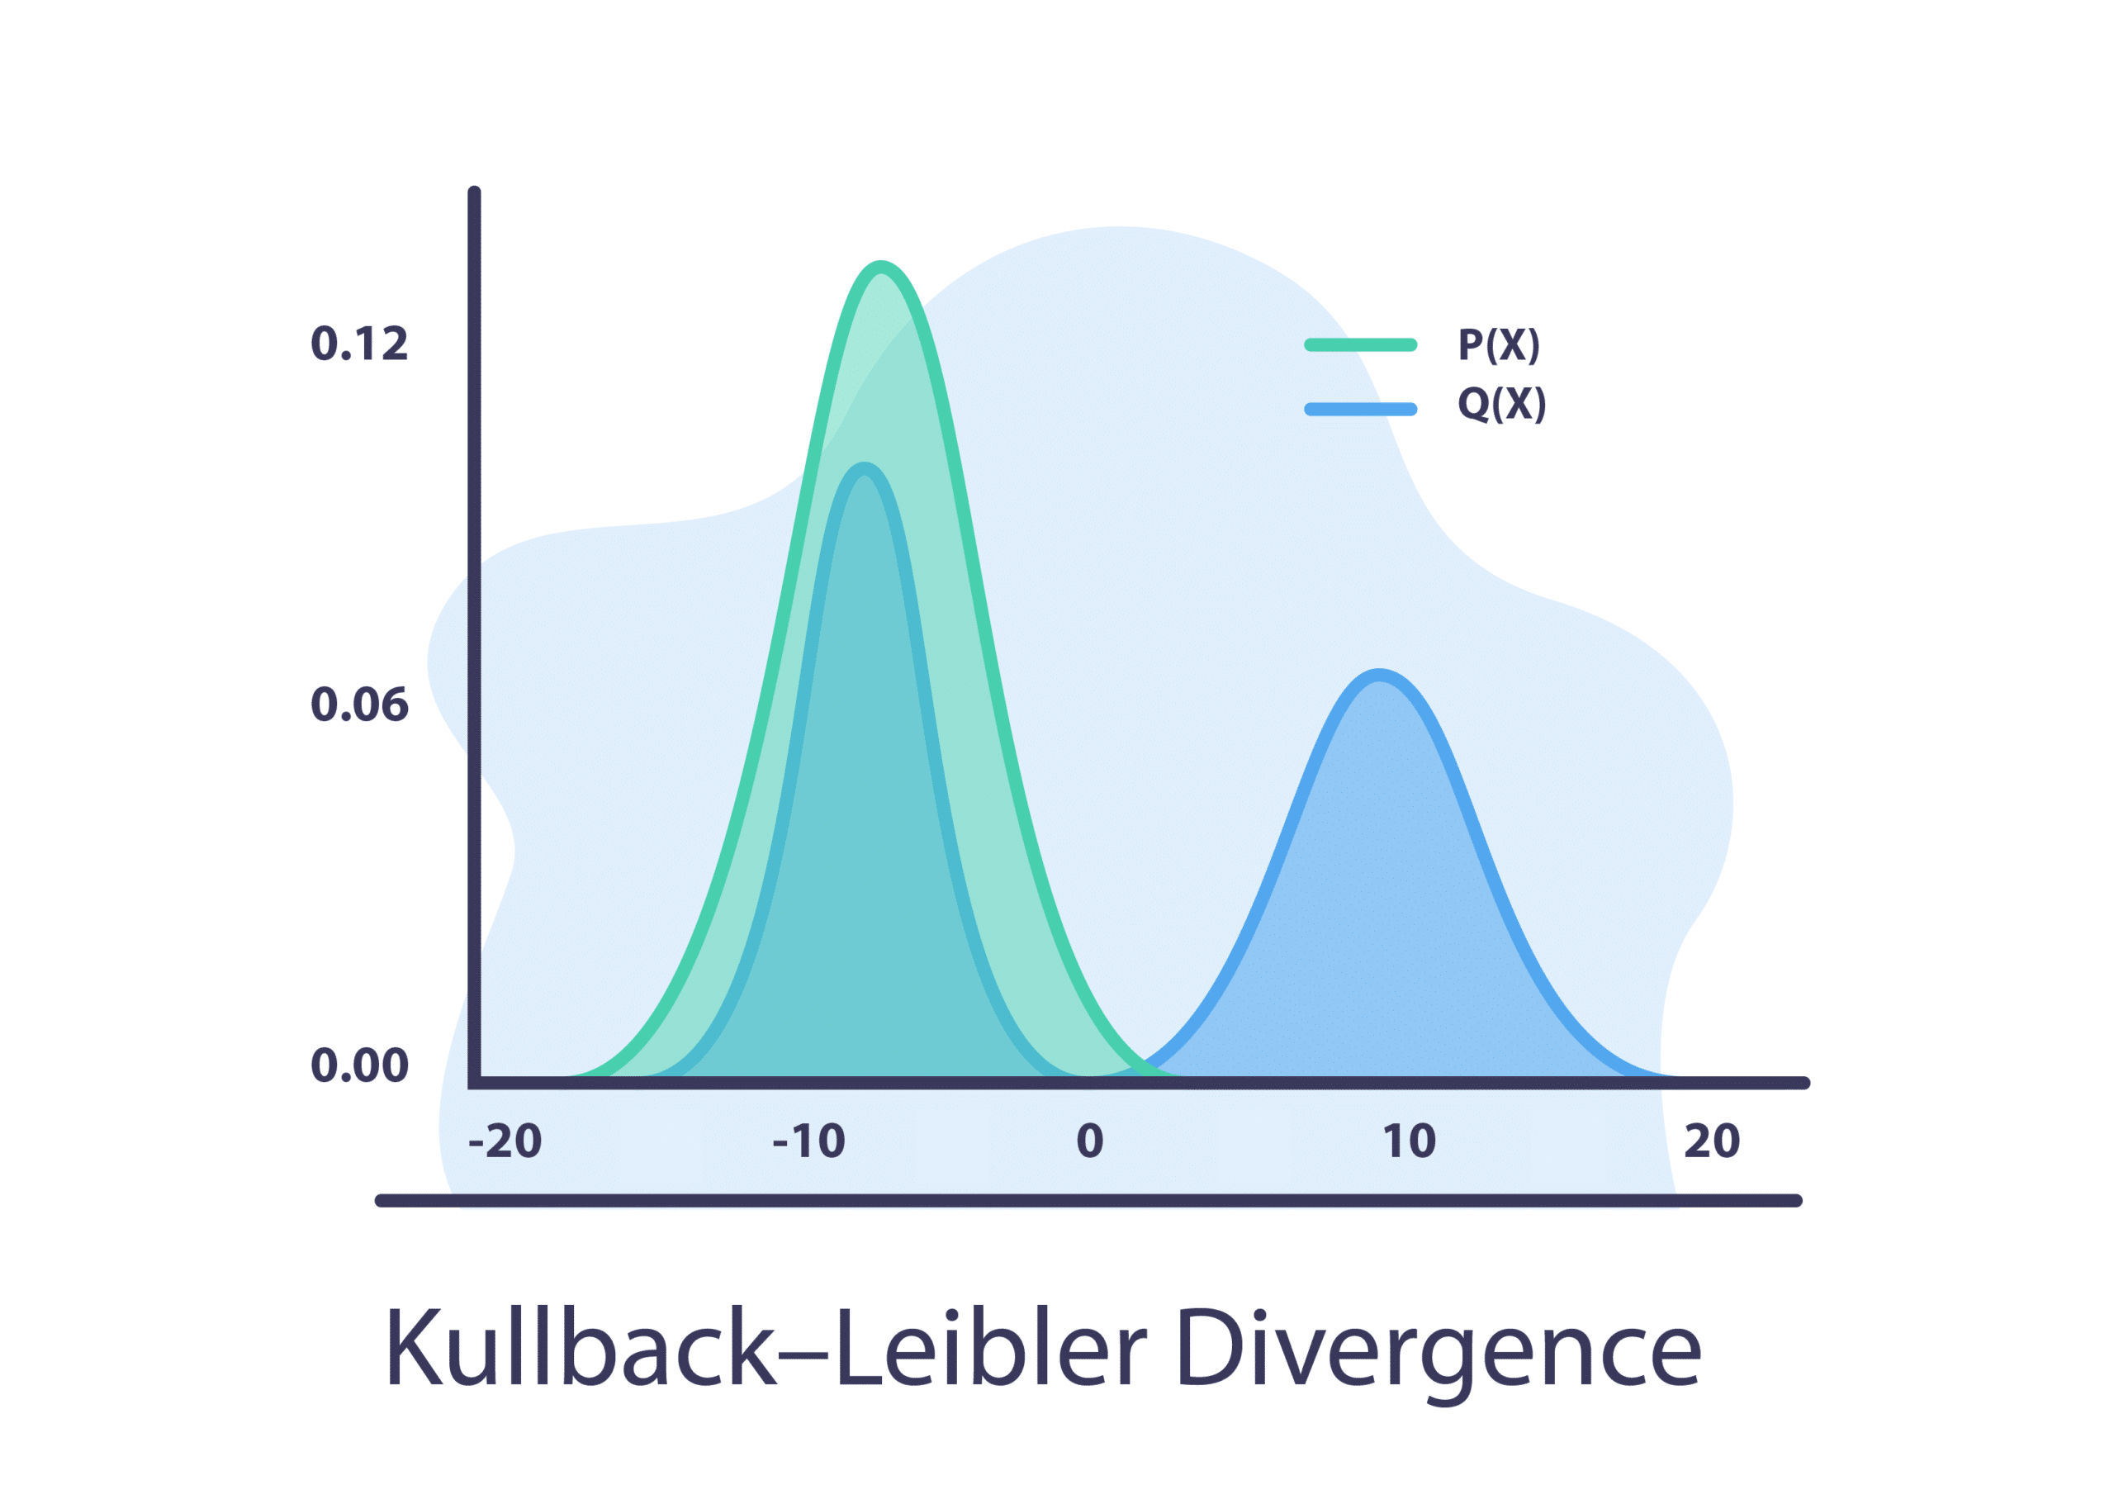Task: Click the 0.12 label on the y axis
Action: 359,344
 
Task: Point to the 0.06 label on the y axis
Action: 359,705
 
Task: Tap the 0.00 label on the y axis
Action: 359,1065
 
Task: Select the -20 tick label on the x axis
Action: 505,1141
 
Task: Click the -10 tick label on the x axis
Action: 808,1141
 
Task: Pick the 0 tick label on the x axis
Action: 1089,1141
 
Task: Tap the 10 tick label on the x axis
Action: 1409,1141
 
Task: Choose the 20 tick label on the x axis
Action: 1712,1141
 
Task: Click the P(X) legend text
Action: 1498,345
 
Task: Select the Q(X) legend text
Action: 1500,404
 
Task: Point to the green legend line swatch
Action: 1360,345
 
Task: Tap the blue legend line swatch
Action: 1360,409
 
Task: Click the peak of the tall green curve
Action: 881,267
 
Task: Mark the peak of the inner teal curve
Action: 865,468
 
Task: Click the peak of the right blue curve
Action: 1379,675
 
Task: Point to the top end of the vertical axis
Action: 474,193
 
